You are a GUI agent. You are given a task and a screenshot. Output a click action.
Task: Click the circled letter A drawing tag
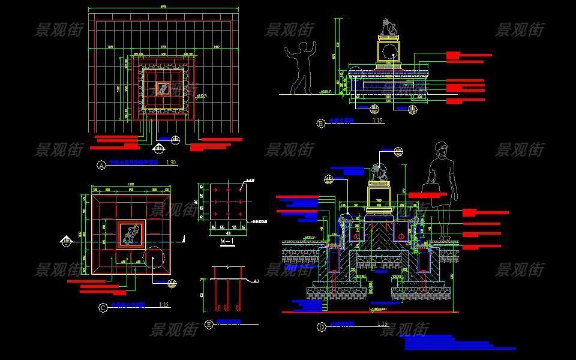click(101, 164)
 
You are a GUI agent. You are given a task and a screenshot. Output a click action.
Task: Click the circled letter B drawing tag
click(320, 123)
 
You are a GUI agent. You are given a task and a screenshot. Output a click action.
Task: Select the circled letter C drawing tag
click(103, 308)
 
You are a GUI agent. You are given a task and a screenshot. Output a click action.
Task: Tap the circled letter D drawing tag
click(321, 327)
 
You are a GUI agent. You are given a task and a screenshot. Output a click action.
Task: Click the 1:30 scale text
click(171, 163)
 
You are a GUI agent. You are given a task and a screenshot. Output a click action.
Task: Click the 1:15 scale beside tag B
click(377, 121)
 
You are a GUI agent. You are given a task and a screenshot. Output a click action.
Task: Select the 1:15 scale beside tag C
click(164, 305)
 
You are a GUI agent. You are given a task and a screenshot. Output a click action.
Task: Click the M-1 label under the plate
click(227, 242)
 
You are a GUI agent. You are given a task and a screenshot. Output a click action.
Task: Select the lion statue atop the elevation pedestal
click(387, 27)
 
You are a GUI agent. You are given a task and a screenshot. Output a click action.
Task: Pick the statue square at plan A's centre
click(162, 89)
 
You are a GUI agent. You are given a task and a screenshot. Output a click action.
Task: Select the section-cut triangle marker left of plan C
click(65, 241)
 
